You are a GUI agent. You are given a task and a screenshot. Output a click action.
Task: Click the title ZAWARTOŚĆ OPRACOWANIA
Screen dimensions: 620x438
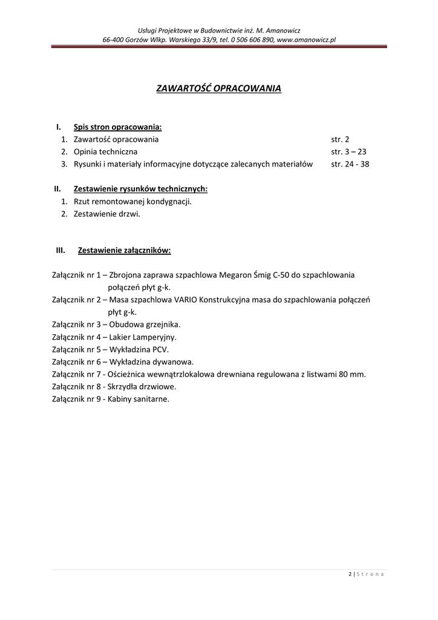click(x=219, y=88)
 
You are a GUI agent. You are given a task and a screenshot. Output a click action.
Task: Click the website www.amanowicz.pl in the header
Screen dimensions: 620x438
click(x=306, y=39)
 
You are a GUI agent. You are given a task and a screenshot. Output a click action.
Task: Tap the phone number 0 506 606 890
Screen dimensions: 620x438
click(x=252, y=39)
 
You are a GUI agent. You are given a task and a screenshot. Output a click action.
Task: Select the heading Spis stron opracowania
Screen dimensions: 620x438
click(x=117, y=127)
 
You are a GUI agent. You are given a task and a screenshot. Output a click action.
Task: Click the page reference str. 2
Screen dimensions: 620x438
click(x=340, y=139)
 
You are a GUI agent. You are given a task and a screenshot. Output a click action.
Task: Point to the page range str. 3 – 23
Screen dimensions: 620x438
click(x=348, y=151)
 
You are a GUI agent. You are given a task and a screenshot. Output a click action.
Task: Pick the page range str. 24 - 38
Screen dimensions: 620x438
click(x=350, y=164)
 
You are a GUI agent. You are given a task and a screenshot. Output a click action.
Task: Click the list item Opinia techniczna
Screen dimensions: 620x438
click(x=106, y=151)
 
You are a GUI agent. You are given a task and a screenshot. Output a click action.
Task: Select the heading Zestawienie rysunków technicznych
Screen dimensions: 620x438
click(x=140, y=189)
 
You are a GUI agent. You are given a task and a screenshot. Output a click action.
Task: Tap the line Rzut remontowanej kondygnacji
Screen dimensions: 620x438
click(x=132, y=201)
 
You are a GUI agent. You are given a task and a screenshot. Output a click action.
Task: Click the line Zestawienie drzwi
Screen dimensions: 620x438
click(x=106, y=214)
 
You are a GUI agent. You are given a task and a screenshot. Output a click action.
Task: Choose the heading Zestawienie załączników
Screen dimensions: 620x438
click(x=124, y=250)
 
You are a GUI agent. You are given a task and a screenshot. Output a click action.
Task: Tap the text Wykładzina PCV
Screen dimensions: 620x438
click(x=139, y=349)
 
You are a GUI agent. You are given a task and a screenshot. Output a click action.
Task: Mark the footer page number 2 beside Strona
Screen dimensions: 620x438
click(x=351, y=574)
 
